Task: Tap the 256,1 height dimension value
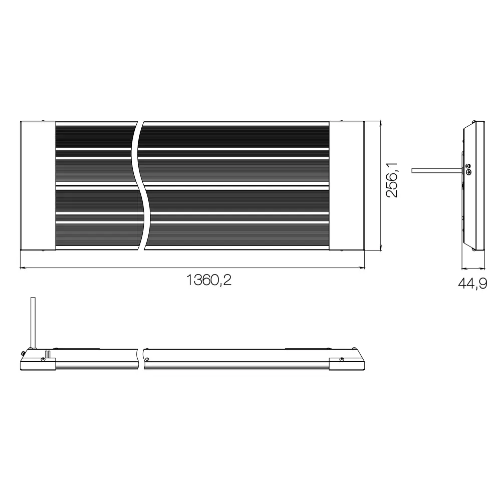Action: (392, 179)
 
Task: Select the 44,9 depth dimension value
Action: (472, 284)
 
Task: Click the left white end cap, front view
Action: (37, 185)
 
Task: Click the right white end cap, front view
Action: (346, 185)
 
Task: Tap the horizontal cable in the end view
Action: (436, 171)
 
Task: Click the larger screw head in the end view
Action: (468, 172)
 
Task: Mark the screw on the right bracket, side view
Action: (341, 359)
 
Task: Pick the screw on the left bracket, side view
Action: (43, 359)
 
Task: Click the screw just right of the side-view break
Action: (147, 359)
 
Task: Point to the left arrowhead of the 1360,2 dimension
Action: (22, 268)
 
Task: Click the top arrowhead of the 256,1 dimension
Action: (382, 123)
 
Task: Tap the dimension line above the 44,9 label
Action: (472, 268)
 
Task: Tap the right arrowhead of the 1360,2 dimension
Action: (362, 268)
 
